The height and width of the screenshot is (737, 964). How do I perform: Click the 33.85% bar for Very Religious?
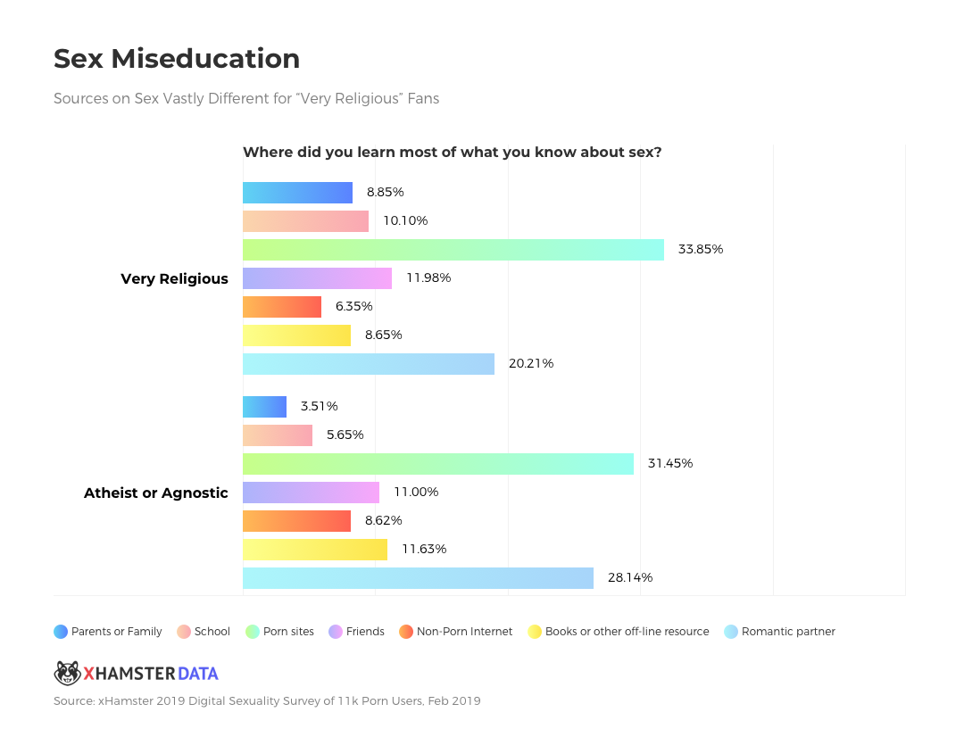453,250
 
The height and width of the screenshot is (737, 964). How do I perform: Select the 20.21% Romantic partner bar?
368,364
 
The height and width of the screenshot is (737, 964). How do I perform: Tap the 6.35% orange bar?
281,307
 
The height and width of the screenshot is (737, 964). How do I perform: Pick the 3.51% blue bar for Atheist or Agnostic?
264,407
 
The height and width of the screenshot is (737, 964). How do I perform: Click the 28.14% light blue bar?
418,578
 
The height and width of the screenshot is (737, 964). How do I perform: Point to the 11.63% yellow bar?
314,550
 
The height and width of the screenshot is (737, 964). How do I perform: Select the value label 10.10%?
405,220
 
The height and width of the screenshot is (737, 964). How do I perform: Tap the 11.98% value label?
428,277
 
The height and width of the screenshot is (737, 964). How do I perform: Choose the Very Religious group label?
174,278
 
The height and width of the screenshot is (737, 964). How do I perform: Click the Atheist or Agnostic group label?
155,493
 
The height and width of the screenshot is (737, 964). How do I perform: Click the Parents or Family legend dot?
61,632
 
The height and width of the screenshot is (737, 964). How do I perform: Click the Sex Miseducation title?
177,59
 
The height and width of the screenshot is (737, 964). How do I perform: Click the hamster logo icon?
67,673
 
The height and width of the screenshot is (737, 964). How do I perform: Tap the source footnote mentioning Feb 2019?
267,701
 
